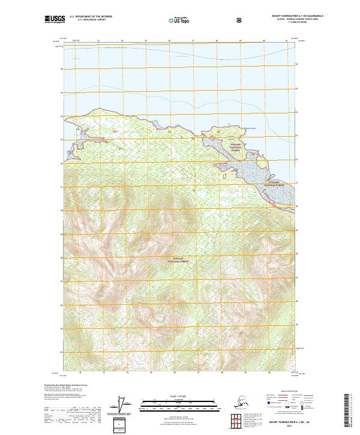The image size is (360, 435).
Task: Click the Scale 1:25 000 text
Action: pos(180,396)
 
